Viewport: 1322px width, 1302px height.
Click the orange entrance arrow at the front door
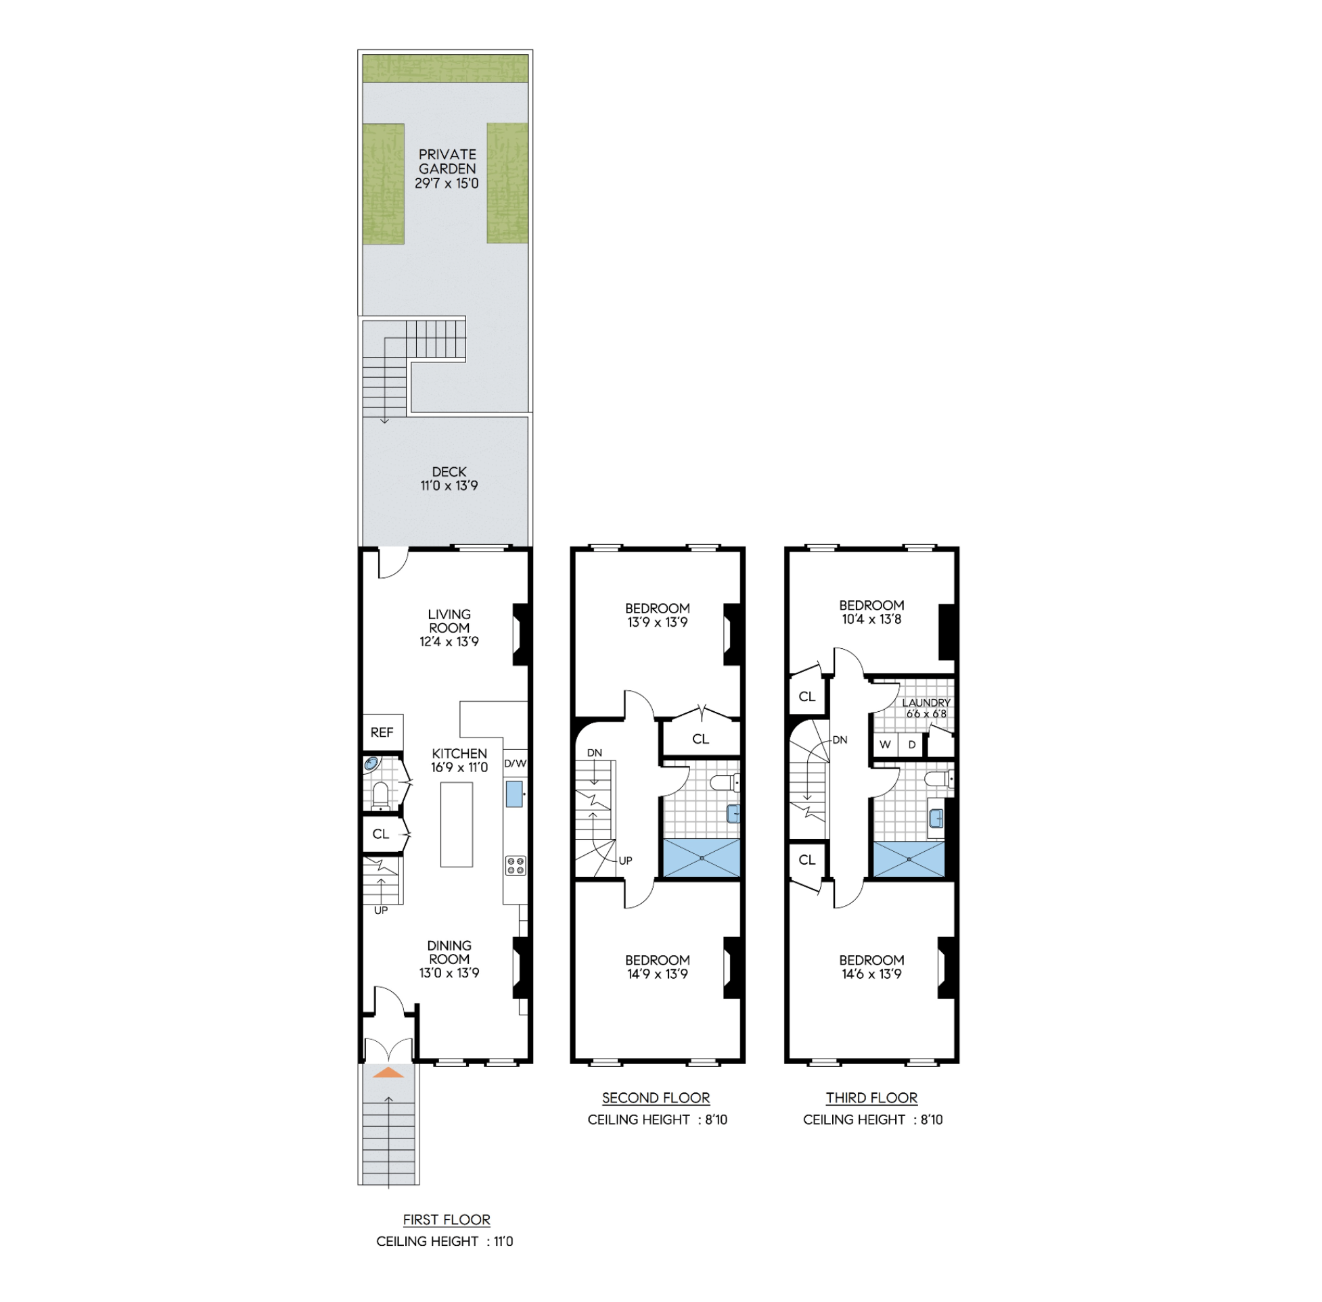pyautogui.click(x=388, y=1072)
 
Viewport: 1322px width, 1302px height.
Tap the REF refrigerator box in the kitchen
pyautogui.click(x=382, y=732)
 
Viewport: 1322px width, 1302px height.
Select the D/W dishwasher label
pyautogui.click(x=516, y=763)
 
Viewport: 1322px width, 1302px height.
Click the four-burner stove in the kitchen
pyautogui.click(x=516, y=865)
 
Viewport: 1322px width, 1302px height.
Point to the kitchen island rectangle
pyautogui.click(x=457, y=824)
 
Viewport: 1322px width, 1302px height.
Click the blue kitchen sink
pyautogui.click(x=515, y=794)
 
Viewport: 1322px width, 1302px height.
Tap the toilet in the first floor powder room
pyautogui.click(x=380, y=796)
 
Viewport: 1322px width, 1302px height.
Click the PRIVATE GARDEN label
pyautogui.click(x=447, y=162)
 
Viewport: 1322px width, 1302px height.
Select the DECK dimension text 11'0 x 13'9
pyautogui.click(x=449, y=485)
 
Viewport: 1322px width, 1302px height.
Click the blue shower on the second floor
pyautogui.click(x=702, y=857)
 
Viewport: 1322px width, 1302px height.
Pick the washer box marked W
pyautogui.click(x=886, y=745)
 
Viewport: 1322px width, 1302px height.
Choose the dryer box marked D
pyautogui.click(x=912, y=745)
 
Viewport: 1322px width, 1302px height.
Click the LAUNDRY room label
pyautogui.click(x=926, y=702)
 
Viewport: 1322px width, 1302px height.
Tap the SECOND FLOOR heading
pyautogui.click(x=656, y=1098)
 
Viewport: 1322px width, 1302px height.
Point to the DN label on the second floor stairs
pyautogui.click(x=595, y=753)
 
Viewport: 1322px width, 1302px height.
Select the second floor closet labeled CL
pyautogui.click(x=701, y=738)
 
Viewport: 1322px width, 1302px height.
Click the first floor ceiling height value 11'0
pyautogui.click(x=503, y=1241)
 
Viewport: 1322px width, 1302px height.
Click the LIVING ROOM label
pyautogui.click(x=449, y=621)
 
